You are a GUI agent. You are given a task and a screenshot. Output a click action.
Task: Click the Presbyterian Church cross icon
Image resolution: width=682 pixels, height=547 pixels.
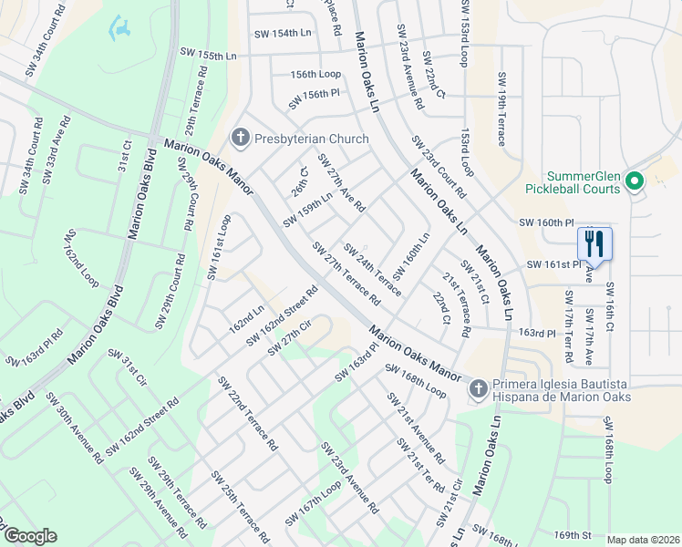coord(241,139)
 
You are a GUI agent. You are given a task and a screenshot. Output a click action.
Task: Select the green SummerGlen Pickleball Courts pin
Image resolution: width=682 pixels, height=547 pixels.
coord(636,182)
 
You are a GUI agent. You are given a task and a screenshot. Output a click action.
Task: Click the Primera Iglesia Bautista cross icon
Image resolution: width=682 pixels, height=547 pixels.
coord(477,390)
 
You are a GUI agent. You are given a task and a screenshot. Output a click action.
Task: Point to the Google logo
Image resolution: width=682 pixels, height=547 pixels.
coord(30,536)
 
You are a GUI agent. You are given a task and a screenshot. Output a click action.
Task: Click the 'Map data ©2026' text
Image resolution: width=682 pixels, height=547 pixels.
coord(643,540)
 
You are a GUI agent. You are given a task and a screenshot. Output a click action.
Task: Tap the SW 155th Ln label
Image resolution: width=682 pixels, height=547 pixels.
coord(208,56)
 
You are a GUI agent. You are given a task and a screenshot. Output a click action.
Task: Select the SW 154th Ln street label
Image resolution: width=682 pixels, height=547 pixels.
coord(283,33)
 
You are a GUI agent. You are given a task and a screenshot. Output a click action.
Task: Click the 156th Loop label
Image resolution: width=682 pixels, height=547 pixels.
coord(315,74)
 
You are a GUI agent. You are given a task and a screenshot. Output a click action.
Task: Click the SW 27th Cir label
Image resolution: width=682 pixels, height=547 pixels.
coord(290,338)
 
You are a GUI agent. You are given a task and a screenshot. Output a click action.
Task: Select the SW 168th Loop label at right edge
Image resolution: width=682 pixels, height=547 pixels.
coord(607,451)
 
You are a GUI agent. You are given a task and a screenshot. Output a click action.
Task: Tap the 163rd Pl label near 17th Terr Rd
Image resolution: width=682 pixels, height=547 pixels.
coord(537,335)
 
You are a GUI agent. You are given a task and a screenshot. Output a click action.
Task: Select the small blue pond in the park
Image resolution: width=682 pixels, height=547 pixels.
coord(119,31)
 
